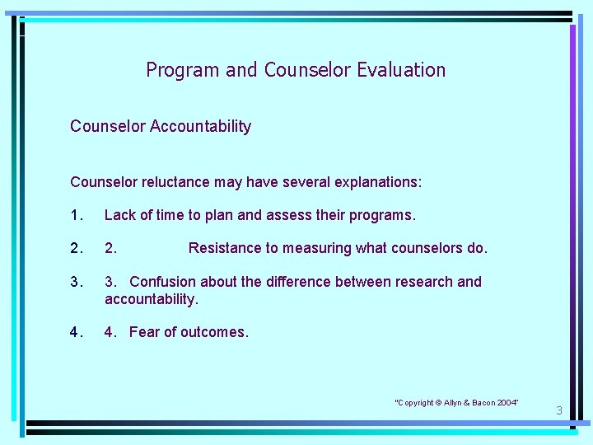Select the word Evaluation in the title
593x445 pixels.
401,70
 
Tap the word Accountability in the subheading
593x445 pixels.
200,127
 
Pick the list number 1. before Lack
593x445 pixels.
77,215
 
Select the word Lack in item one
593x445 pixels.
119,215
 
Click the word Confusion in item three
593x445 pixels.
163,282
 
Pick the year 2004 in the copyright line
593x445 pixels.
507,402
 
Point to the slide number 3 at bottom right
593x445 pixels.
558,410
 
